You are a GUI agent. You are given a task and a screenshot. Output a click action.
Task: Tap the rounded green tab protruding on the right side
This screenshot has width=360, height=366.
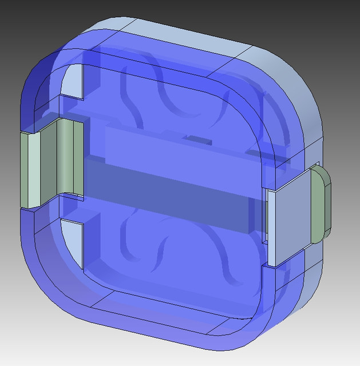(320, 203)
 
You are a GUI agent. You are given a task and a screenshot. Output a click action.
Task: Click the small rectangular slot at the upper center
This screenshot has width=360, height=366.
(199, 139)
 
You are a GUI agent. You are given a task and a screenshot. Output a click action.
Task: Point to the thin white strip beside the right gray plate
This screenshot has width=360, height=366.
(268, 229)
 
